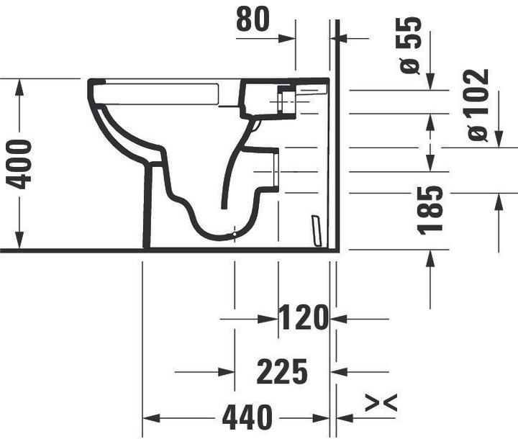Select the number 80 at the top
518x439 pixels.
[253, 20]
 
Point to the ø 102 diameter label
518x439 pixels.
[478, 104]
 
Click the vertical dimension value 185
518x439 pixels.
[431, 210]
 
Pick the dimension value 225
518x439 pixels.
[283, 372]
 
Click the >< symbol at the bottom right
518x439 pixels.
[381, 404]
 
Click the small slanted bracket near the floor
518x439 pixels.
[314, 229]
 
